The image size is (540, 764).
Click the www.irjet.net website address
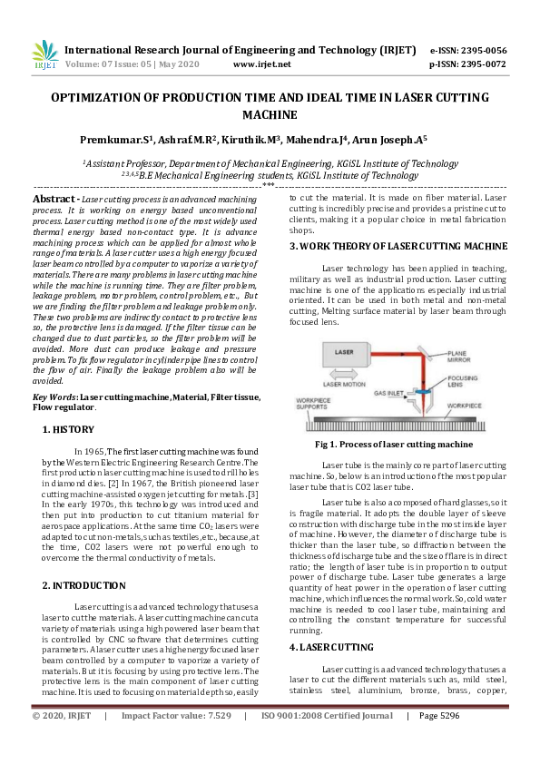click(261, 64)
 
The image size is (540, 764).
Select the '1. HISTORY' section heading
click(68, 428)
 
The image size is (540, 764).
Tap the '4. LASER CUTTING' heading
click(330, 647)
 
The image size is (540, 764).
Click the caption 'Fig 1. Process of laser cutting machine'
click(393, 445)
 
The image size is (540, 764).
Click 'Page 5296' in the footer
click(444, 740)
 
